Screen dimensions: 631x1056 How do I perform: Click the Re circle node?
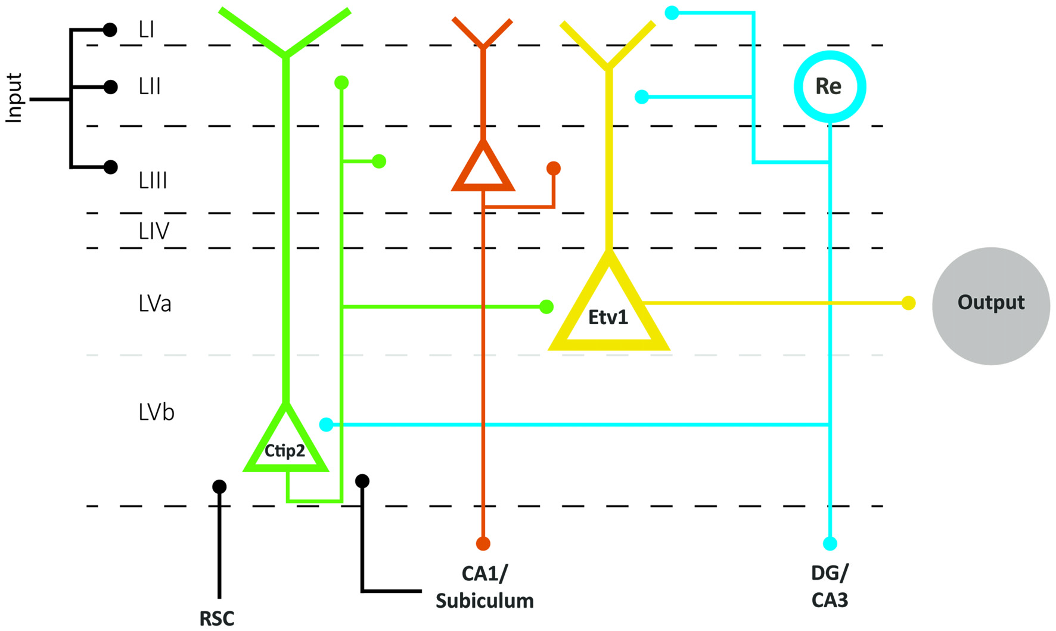(x=829, y=86)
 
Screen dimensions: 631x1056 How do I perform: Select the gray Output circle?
(x=990, y=306)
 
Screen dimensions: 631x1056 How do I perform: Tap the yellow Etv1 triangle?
(x=608, y=316)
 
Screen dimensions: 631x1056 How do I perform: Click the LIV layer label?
(x=153, y=231)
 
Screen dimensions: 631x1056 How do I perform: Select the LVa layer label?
(x=154, y=304)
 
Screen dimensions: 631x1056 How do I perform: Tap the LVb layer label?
(x=156, y=412)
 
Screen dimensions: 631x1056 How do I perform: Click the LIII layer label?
(x=153, y=181)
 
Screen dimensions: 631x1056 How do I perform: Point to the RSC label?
(x=216, y=618)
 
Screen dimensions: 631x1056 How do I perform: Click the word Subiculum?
(x=484, y=601)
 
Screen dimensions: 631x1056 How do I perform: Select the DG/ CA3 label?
(x=830, y=586)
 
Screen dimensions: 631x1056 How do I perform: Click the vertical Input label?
(x=14, y=98)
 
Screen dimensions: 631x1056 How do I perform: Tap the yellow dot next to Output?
(x=908, y=303)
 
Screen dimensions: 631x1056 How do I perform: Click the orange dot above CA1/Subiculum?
(x=483, y=543)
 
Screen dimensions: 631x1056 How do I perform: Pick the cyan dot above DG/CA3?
(x=830, y=543)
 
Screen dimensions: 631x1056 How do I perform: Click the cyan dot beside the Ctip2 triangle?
(x=326, y=424)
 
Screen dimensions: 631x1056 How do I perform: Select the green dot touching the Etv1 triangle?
(x=546, y=307)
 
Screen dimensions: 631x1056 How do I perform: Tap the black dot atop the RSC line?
(x=219, y=487)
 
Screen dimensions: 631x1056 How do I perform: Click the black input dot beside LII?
(x=110, y=87)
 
